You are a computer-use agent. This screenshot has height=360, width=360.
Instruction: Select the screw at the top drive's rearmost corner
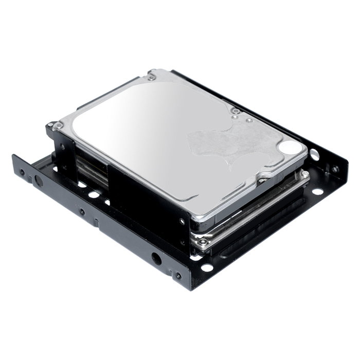click(x=151, y=77)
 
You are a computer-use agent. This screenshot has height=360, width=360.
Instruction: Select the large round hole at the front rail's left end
click(x=38, y=180)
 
